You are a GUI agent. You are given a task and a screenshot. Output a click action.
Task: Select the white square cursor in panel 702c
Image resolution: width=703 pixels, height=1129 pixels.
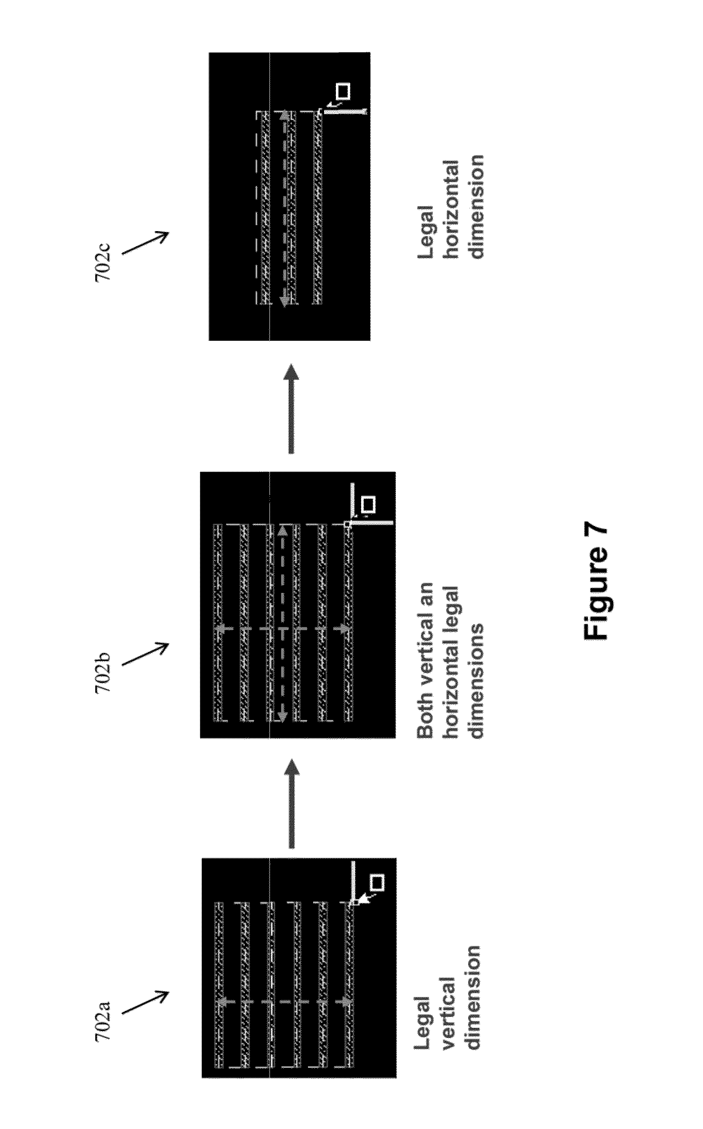(343, 91)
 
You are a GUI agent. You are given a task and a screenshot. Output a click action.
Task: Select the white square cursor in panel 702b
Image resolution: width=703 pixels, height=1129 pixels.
(369, 504)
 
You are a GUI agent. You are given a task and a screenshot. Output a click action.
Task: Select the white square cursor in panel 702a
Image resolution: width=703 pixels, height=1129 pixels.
(377, 882)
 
